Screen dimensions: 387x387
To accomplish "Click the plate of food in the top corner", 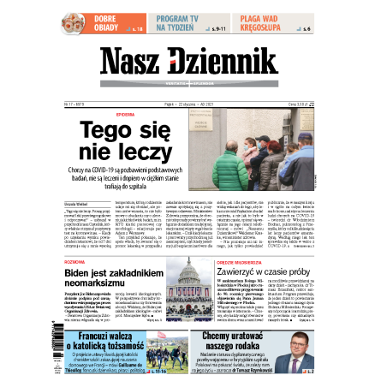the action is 75,22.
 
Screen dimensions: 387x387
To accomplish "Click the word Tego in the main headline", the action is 113,134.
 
